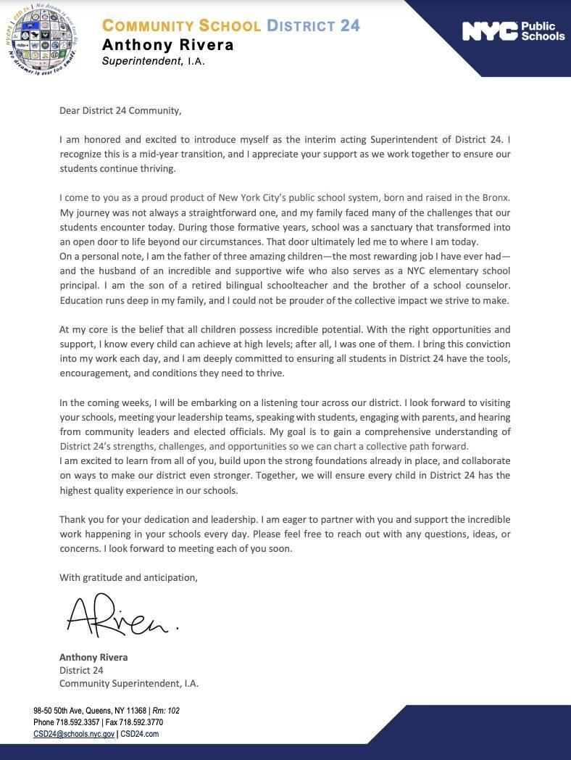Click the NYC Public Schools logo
point(513,31)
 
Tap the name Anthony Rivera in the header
point(168,45)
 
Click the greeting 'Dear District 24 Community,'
point(120,111)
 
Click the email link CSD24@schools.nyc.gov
point(74,734)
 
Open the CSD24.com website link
point(140,734)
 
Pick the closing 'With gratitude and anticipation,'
point(128,577)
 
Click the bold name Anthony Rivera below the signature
point(93,657)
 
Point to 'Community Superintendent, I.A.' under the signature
point(129,683)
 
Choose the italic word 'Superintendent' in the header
point(142,61)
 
